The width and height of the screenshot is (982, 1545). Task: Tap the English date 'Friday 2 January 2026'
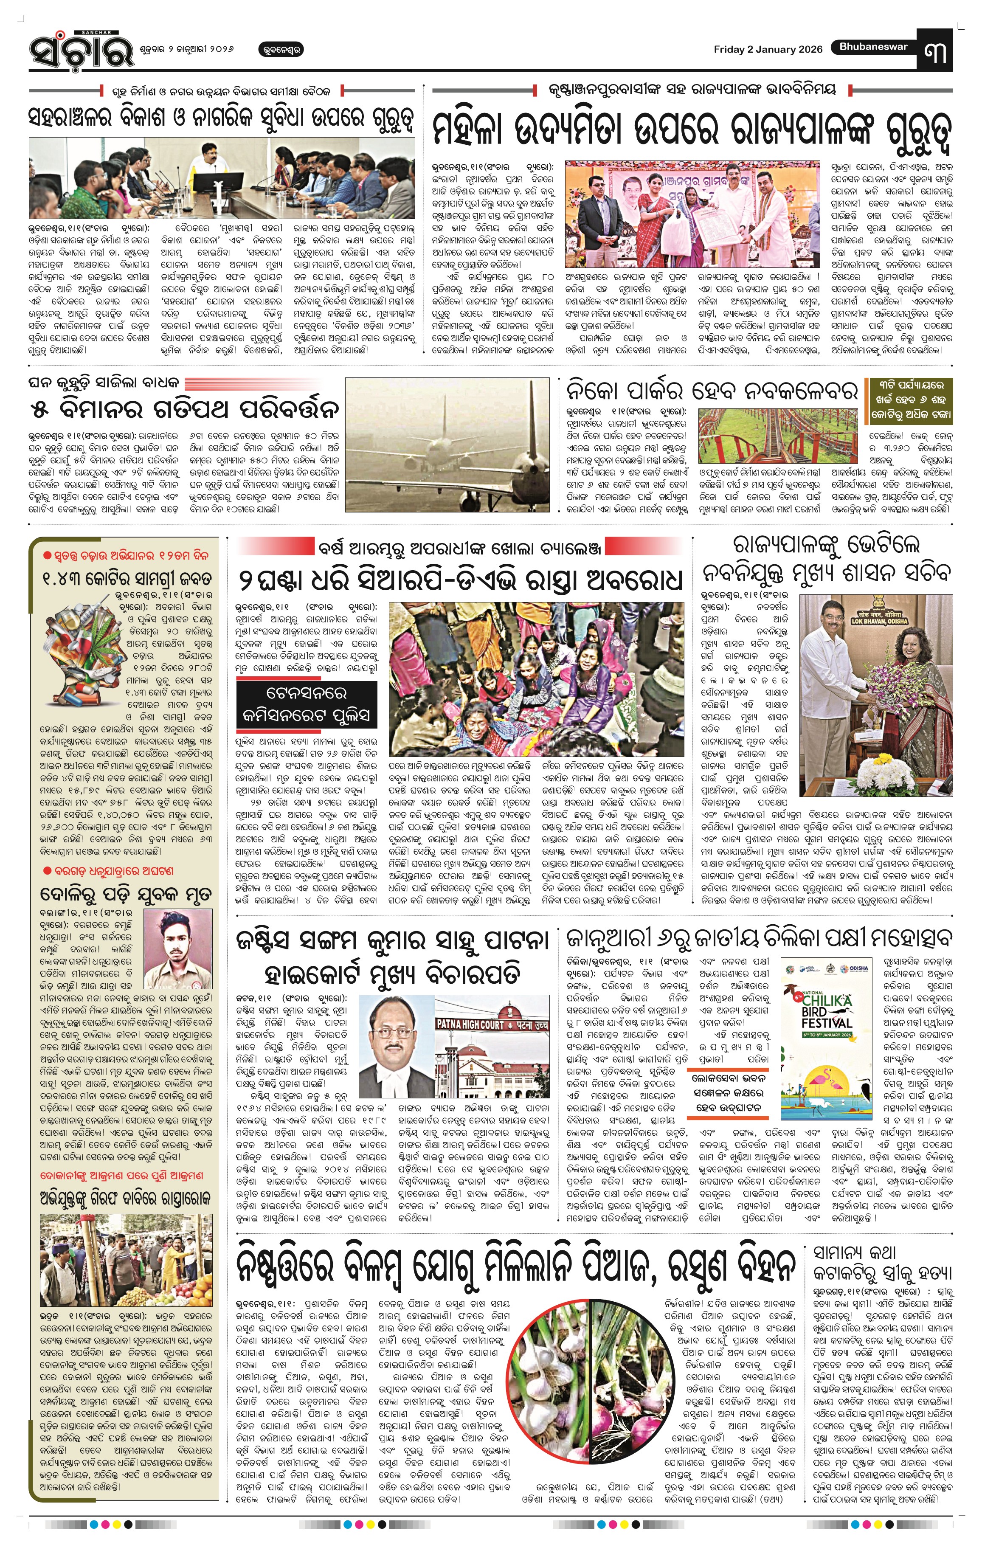pyautogui.click(x=768, y=49)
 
